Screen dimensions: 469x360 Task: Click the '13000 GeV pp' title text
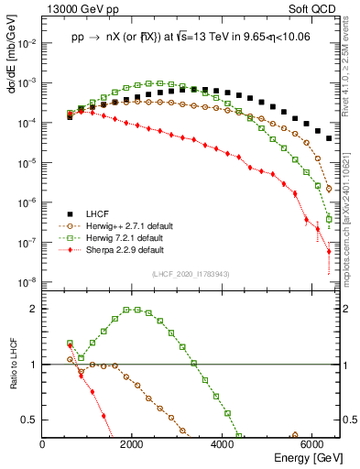pyautogui.click(x=73, y=8)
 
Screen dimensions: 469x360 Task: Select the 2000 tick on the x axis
pyautogui.click(x=133, y=444)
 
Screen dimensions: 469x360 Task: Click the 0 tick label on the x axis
pyautogui.click(x=43, y=444)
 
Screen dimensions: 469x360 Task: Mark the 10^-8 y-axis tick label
pyautogui.click(x=28, y=282)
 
